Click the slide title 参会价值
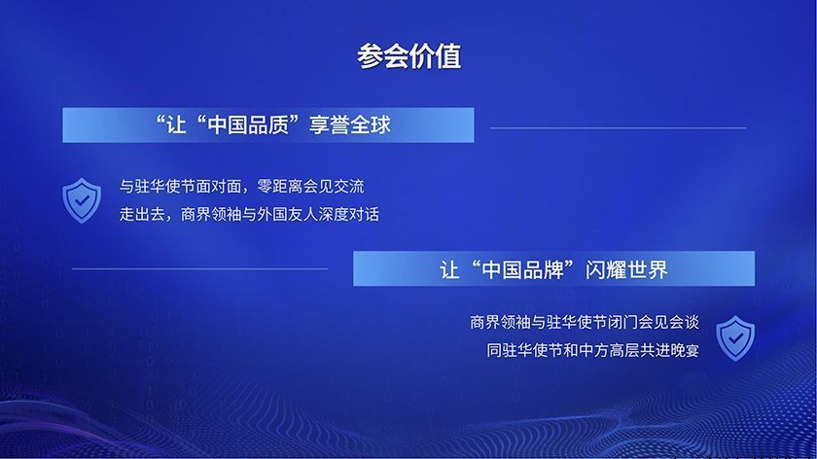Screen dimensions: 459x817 click(x=408, y=55)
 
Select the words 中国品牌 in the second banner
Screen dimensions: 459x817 click(x=525, y=269)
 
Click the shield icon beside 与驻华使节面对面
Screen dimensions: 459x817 click(x=81, y=199)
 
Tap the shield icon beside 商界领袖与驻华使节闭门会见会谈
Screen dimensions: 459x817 click(x=735, y=336)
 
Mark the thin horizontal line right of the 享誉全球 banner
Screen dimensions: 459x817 click(x=618, y=127)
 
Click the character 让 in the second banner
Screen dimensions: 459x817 click(x=449, y=269)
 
